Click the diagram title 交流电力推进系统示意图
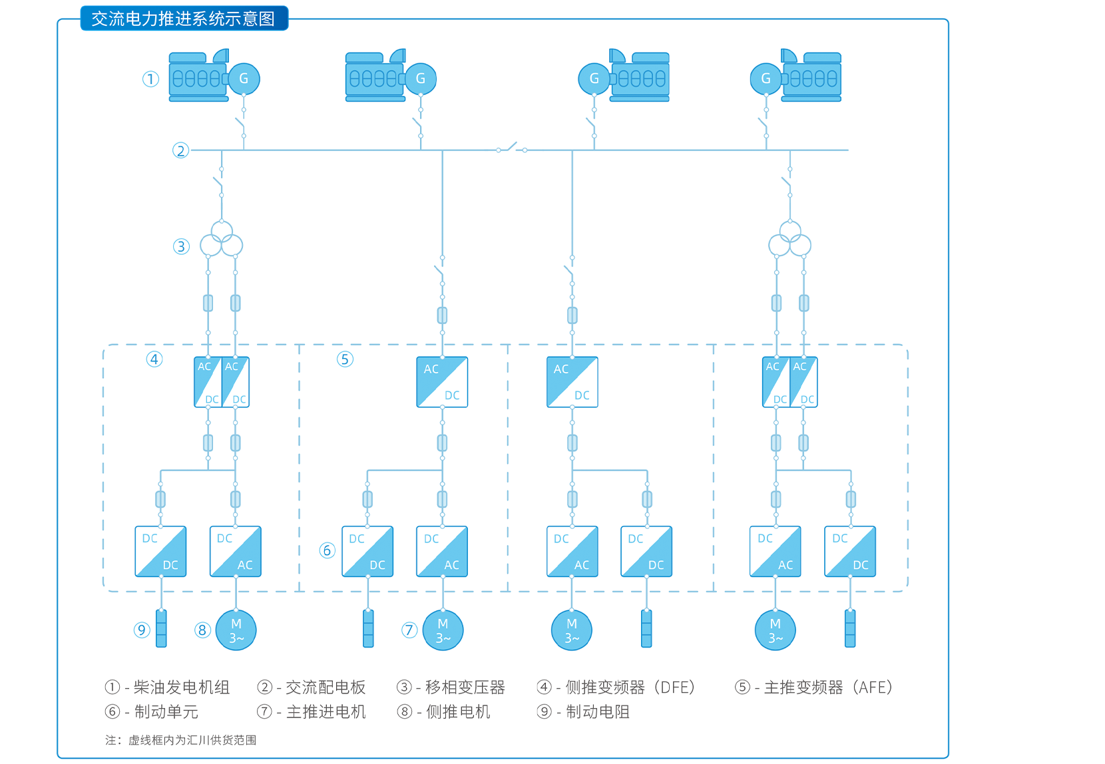coord(184,19)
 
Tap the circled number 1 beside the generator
coord(151,79)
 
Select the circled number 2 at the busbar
coord(180,150)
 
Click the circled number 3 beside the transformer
coord(181,247)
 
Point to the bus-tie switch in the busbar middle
coord(511,148)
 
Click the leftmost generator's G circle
coord(244,79)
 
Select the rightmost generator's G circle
coord(766,79)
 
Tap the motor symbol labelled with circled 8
coord(236,630)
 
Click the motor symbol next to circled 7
coord(443,630)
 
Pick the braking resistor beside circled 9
coord(161,629)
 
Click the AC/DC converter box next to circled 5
coord(442,382)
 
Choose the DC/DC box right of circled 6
coord(367,552)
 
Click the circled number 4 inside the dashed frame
coord(154,359)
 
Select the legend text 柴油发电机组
coord(181,687)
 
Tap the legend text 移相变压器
coord(465,687)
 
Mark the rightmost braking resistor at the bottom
coord(850,629)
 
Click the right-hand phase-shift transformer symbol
coord(790,240)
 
